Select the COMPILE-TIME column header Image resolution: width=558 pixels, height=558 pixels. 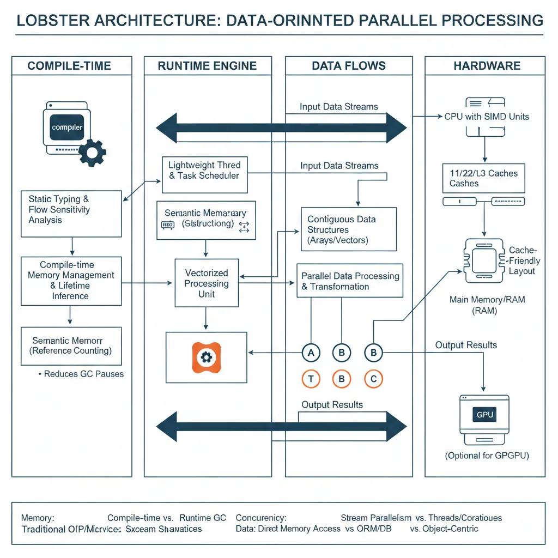pyautogui.click(x=69, y=66)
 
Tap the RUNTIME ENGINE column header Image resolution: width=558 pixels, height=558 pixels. pyautogui.click(x=207, y=66)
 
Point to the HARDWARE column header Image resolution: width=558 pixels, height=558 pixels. pyautogui.click(x=487, y=66)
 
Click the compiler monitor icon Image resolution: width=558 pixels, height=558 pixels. pyautogui.click(x=66, y=129)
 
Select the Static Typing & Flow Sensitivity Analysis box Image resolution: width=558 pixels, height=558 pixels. pyautogui.click(x=71, y=213)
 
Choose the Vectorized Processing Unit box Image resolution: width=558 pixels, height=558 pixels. pyautogui.click(x=207, y=283)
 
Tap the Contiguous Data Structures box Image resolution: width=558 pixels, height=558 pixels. pyautogui.click(x=349, y=229)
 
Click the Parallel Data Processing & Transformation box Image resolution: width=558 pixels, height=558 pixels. pyautogui.click(x=350, y=281)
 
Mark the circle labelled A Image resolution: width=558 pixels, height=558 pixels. pyautogui.click(x=311, y=353)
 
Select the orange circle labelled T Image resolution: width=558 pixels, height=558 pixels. pyautogui.click(x=311, y=379)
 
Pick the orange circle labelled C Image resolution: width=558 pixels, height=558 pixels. pyautogui.click(x=373, y=379)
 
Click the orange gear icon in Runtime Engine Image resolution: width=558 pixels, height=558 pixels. pyautogui.click(x=206, y=357)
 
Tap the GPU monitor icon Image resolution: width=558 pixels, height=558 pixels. pyautogui.click(x=484, y=417)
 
